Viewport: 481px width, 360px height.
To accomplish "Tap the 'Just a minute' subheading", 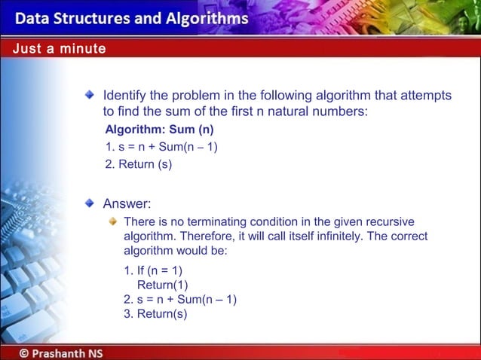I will pos(59,49).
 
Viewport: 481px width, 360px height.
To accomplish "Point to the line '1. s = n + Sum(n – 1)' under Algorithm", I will pos(161,147).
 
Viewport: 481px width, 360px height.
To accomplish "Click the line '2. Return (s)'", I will pos(139,164).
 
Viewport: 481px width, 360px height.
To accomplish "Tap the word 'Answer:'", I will pos(127,203).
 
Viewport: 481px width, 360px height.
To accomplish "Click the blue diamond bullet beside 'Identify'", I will pos(90,95).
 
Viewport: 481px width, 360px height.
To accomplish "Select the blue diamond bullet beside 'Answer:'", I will pos(90,203).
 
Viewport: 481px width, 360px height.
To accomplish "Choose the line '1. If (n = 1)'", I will pos(153,270).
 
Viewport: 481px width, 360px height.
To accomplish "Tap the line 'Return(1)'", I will pos(162,285).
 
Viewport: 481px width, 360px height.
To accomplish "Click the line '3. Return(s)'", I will pos(155,314).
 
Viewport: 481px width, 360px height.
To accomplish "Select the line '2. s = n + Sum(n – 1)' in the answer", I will pos(180,299).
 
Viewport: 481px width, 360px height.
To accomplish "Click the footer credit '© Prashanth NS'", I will pos(61,352).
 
